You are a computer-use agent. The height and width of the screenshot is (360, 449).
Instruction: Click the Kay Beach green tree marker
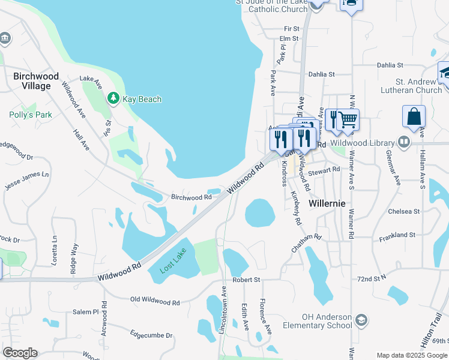(113, 98)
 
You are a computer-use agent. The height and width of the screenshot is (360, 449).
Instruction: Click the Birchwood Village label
(36, 81)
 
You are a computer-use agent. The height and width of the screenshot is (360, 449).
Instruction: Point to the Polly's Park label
(31, 115)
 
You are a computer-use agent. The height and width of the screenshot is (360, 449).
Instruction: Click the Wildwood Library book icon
(405, 142)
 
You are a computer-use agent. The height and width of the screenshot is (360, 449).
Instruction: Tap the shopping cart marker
(348, 120)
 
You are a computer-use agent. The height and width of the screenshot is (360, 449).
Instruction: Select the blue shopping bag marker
(414, 117)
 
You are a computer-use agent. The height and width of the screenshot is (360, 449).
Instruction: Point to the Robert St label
(246, 280)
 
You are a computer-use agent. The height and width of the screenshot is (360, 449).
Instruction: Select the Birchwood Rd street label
(191, 197)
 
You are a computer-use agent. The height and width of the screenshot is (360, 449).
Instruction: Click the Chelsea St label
(403, 212)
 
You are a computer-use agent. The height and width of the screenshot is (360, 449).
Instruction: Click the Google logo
(20, 353)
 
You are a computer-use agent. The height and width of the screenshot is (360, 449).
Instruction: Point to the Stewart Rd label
(324, 170)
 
